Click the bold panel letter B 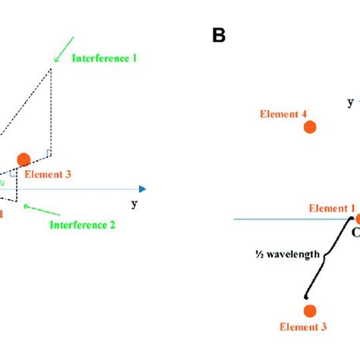point(218,35)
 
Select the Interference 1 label point(104,58)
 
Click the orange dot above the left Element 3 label point(24,159)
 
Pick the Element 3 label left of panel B point(47,174)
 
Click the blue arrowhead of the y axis point(142,189)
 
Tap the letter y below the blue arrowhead point(134,203)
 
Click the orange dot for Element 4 point(308,129)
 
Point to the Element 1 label point(331,207)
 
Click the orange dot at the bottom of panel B point(309,311)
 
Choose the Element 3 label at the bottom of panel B point(303,327)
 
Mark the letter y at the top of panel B point(349,101)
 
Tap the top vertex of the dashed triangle point(51,69)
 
